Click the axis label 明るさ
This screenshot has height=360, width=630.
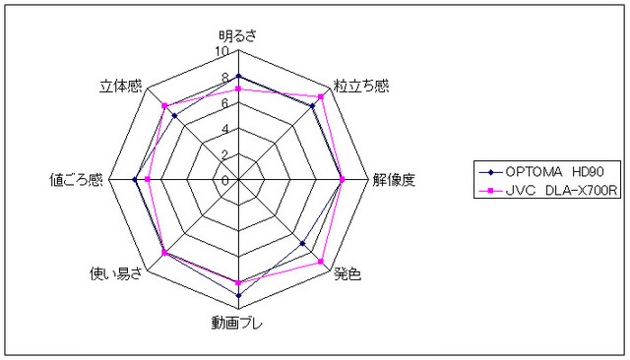coord(237,36)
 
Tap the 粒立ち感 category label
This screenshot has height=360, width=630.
coord(361,86)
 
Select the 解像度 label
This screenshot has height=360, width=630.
coord(394,180)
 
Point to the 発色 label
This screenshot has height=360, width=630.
coord(347,274)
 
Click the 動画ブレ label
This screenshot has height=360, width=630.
coord(236,323)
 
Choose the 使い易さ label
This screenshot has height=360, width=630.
coord(116,274)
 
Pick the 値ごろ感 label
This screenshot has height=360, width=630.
coord(76,180)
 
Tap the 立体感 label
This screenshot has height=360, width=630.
coord(121,87)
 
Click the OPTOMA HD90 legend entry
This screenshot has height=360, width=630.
coord(541,172)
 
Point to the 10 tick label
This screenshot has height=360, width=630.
coord(221,51)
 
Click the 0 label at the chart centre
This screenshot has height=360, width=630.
coord(225,181)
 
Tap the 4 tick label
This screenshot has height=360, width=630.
coord(225,129)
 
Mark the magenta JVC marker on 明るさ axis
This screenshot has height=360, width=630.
coord(238,89)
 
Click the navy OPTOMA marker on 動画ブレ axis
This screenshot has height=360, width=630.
coord(238,296)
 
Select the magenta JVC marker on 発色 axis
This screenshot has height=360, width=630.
coord(321,262)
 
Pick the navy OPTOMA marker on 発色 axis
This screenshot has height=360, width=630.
coord(302,244)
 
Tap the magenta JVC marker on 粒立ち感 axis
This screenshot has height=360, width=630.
coord(321,96)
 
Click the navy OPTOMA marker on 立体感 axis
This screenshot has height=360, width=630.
coord(174,116)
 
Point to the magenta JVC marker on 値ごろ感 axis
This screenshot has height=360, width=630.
coord(147,179)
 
